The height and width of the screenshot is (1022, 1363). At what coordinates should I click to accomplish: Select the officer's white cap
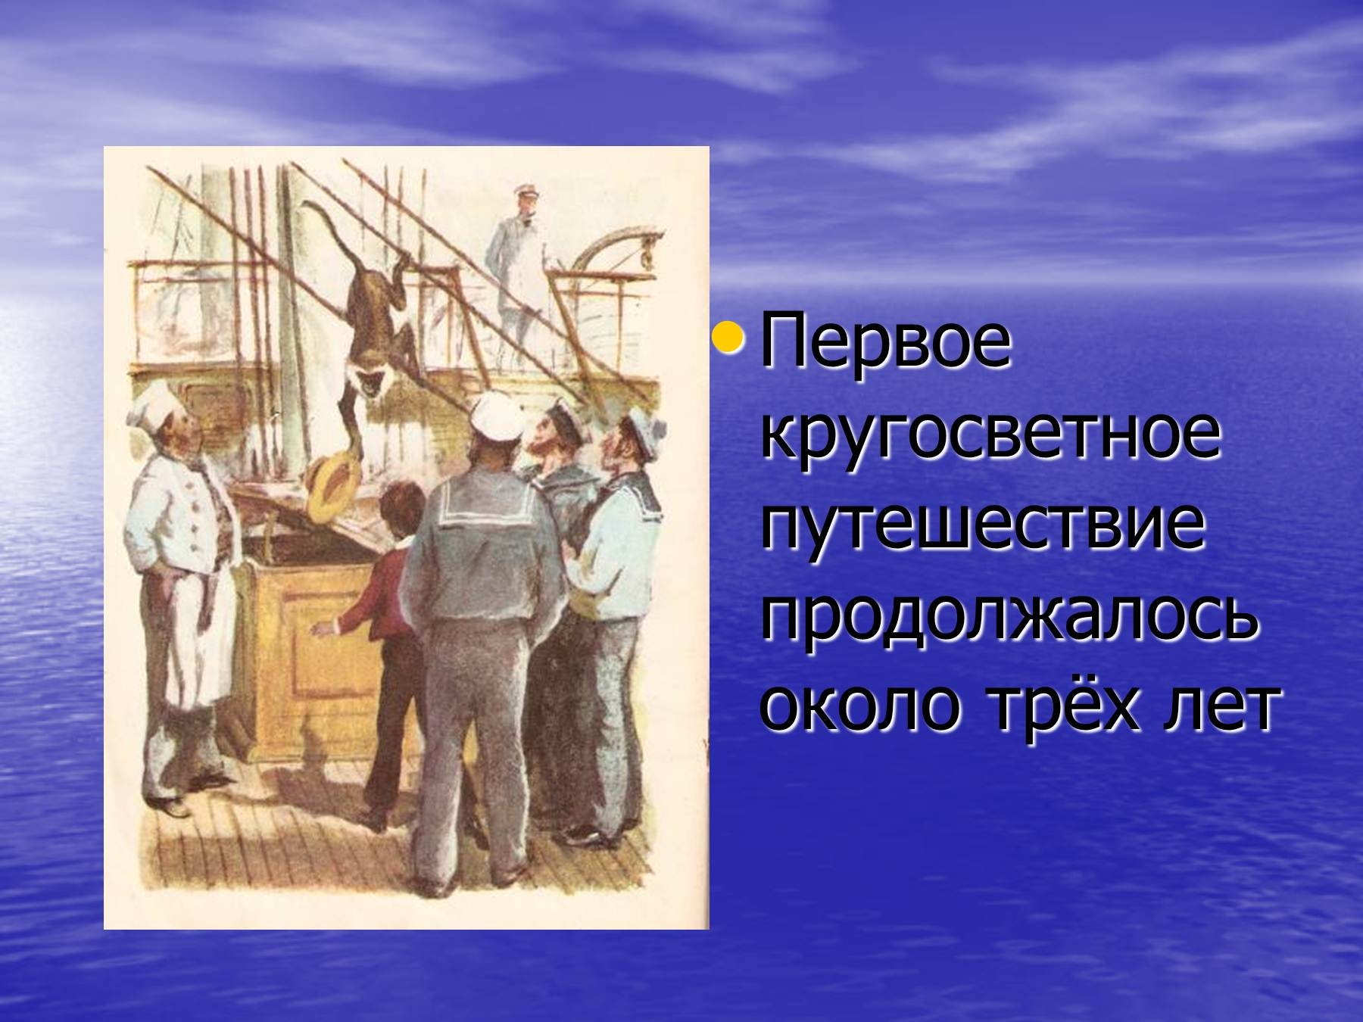click(523, 188)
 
